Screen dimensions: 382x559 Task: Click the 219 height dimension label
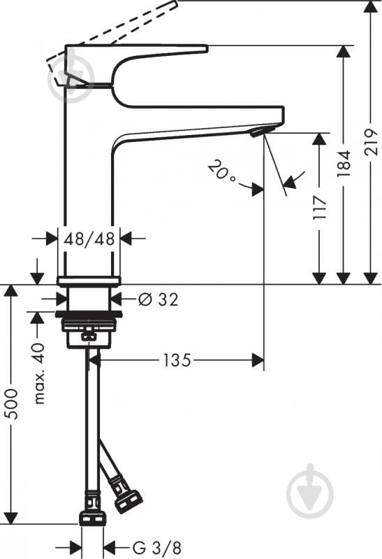(x=372, y=141)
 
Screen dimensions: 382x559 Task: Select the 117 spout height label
(x=319, y=208)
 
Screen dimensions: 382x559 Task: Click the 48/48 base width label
(x=89, y=239)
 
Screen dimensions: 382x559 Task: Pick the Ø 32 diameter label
(x=158, y=299)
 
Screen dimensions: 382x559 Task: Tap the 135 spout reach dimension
(x=177, y=360)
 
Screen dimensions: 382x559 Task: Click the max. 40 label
(x=40, y=373)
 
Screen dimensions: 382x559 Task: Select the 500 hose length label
(x=13, y=404)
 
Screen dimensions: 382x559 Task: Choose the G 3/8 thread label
(x=157, y=547)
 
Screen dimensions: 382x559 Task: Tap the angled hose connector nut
(x=128, y=502)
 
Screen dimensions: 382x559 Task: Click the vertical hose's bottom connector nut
(x=92, y=518)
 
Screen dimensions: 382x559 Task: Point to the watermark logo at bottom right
(x=310, y=490)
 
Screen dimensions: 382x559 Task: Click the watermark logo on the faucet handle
(x=71, y=76)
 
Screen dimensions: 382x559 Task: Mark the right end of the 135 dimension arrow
(x=263, y=360)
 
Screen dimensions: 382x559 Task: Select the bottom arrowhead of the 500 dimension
(x=11, y=518)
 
